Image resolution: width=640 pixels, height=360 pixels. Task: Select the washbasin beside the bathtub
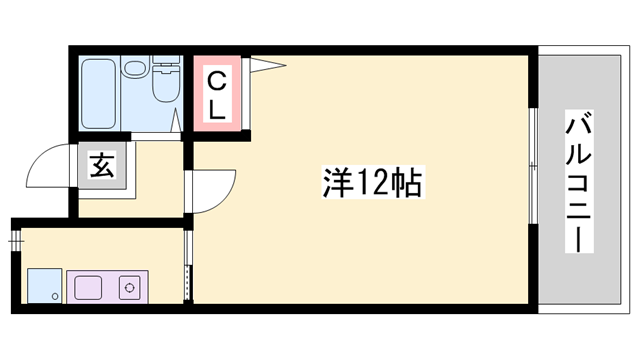(x=135, y=69)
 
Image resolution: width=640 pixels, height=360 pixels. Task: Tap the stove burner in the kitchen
(x=130, y=290)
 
